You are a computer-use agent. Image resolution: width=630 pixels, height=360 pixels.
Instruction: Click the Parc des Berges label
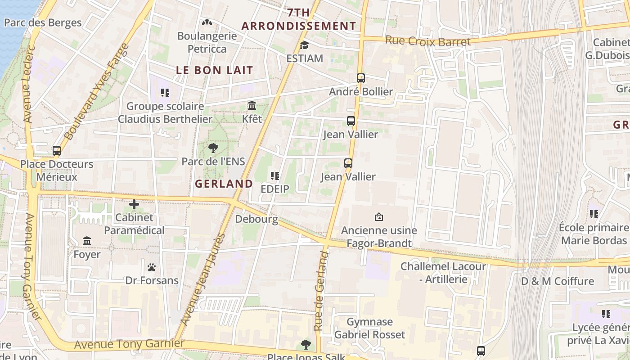pos(43,22)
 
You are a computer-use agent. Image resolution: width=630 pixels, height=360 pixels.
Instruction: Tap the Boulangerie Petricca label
pos(207,42)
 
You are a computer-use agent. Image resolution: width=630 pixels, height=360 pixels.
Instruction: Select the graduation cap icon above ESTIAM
pos(305,45)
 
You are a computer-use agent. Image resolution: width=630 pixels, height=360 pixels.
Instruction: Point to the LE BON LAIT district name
pos(215,70)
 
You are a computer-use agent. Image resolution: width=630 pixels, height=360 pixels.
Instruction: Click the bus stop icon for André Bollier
pos(361,78)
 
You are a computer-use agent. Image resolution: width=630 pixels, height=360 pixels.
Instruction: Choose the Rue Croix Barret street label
pos(428,41)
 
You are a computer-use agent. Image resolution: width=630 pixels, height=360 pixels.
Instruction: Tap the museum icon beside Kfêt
pos(252,106)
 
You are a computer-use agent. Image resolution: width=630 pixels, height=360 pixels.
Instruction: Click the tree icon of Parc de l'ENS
pos(213,148)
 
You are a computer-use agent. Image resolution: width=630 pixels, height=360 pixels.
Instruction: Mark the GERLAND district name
pos(224,184)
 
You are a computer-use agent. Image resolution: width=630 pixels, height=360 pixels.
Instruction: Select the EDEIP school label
pos(275,189)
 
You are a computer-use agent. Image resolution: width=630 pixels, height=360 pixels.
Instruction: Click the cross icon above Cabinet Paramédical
pos(134,205)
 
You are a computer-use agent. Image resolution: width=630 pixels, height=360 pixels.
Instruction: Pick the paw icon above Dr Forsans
pos(152,267)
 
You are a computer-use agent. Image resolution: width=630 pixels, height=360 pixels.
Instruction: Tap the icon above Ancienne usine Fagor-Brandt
pos(379,217)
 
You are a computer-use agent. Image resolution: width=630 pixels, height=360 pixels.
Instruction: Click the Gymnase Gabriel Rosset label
pos(369,328)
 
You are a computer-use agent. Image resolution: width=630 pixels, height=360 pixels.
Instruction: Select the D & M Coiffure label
pos(558,281)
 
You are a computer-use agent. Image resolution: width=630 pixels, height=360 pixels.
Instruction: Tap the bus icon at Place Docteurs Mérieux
pos(57,151)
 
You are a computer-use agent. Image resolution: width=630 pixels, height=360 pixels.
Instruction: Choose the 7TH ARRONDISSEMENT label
pos(299,19)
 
